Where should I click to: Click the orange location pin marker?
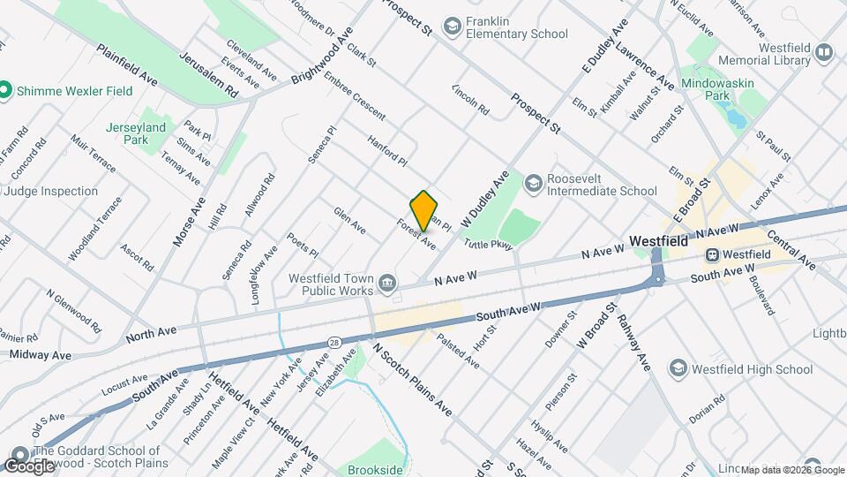click(424, 210)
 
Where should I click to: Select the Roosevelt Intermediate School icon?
click(533, 184)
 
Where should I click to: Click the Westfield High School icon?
click(678, 367)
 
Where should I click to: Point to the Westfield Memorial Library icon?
click(824, 53)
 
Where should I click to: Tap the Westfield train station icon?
click(711, 254)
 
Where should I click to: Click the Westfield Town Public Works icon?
click(387, 283)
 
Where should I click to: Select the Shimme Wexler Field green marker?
click(5, 90)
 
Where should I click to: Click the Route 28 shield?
click(334, 342)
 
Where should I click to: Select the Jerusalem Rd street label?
click(208, 74)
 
